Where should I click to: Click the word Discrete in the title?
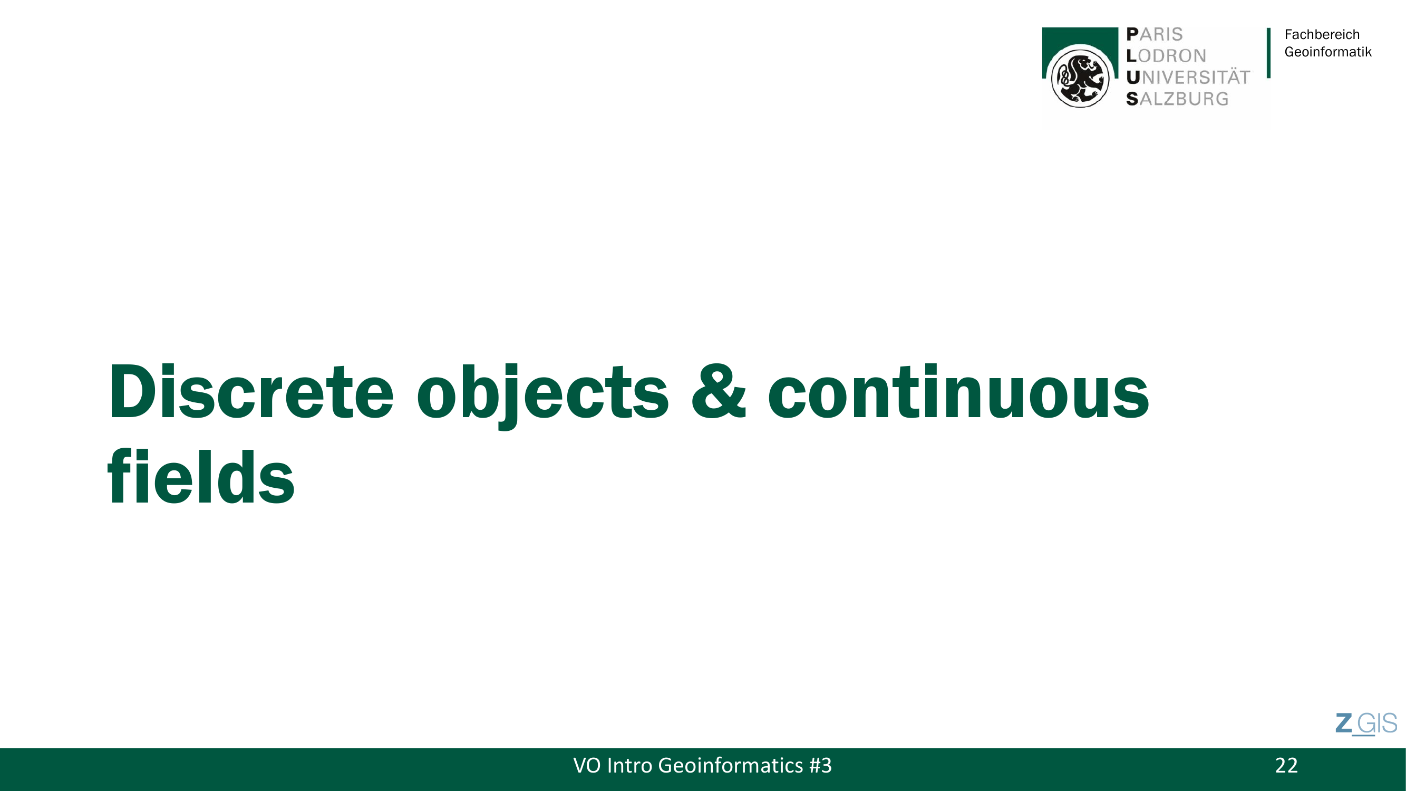[250, 391]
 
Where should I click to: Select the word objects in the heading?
[542, 394]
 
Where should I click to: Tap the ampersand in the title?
[718, 391]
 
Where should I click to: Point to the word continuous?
[958, 391]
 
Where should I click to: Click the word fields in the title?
[201, 476]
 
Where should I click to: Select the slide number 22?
[1286, 765]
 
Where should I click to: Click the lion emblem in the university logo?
[1080, 76]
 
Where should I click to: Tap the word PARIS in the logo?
[1155, 34]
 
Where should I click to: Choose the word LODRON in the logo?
[1166, 56]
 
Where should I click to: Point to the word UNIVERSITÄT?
[1188, 77]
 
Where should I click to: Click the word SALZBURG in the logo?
[1177, 99]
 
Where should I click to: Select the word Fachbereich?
[1322, 34]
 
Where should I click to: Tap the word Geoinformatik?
[1328, 52]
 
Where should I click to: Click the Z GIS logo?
[1366, 724]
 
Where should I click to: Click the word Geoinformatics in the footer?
[730, 766]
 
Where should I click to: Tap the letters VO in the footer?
[587, 765]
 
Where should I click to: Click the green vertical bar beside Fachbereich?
[1268, 53]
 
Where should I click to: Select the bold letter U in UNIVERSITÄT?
[1133, 78]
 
